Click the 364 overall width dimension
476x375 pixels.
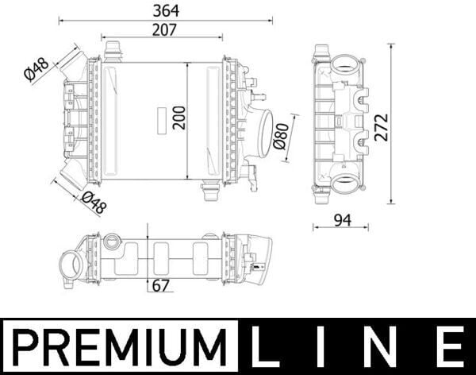pos(165,10)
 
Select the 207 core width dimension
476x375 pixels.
pos(164,29)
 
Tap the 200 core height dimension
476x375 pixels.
pos(178,118)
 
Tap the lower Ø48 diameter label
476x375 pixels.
pos(93,204)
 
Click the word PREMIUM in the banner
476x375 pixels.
pos(117,348)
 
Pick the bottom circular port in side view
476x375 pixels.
pos(345,184)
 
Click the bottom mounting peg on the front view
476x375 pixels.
pos(211,191)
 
